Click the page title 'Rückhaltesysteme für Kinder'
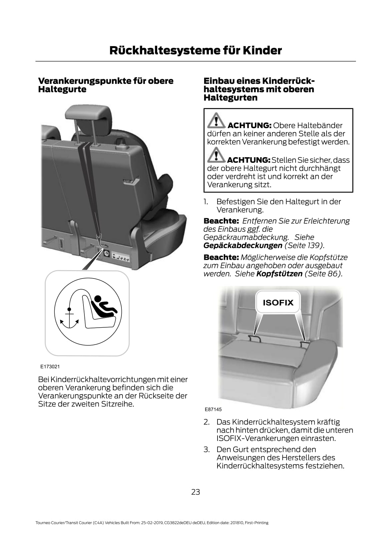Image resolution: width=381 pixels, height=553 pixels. point(196,50)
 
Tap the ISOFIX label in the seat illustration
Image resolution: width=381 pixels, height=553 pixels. point(278,303)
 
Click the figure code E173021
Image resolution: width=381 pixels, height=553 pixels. point(50,366)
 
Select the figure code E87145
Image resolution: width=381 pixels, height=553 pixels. point(213,409)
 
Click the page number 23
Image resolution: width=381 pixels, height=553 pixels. point(196,492)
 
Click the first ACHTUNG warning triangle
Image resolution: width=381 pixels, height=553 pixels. point(216,121)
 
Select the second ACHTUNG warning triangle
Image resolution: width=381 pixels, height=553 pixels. point(216,155)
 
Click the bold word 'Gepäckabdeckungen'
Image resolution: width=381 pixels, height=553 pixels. point(243,245)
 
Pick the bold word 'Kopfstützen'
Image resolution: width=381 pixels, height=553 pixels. point(279,273)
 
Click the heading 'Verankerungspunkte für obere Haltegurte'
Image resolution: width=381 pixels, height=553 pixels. point(105,85)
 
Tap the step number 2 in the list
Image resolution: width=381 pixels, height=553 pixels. point(207,422)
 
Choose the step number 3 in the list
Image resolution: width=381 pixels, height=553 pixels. point(207,449)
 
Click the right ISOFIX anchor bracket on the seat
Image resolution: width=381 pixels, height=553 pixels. point(305,344)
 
